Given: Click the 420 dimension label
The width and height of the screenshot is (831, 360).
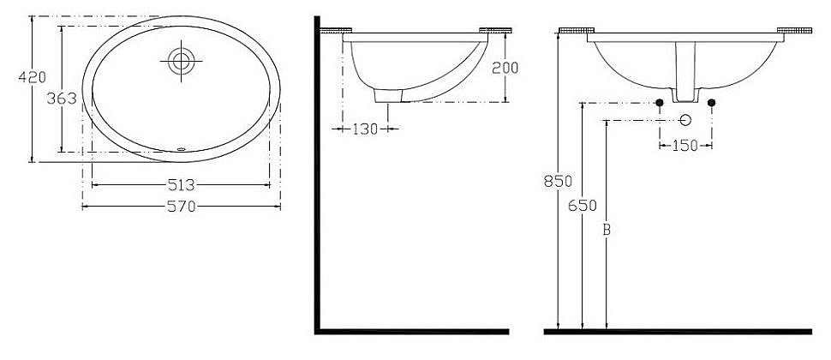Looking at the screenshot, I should pyautogui.click(x=32, y=77).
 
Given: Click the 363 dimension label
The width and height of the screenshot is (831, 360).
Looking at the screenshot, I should pyautogui.click(x=61, y=99).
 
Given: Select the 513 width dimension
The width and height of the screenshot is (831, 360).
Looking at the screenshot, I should pyautogui.click(x=181, y=183).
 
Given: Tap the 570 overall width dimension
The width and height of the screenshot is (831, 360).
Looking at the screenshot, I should pyautogui.click(x=181, y=206).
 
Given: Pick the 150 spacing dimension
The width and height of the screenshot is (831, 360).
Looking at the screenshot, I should pyautogui.click(x=685, y=146).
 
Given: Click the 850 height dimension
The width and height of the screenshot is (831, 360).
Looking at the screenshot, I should pyautogui.click(x=559, y=182).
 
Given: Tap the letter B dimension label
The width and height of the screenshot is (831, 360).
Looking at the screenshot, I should pyautogui.click(x=606, y=230).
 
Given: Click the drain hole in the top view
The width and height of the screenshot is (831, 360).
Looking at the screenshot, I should pyautogui.click(x=181, y=60).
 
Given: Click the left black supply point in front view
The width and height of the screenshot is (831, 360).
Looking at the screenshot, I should pyautogui.click(x=659, y=104).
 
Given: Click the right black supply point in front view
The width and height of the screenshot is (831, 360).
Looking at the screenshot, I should pyautogui.click(x=712, y=104).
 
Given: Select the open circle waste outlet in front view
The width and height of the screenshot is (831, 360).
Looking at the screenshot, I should pyautogui.click(x=685, y=119).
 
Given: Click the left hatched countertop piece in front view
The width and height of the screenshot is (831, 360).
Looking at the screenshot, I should pyautogui.click(x=577, y=32).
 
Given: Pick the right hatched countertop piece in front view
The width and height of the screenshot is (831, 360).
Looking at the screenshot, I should pyautogui.click(x=793, y=32).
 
